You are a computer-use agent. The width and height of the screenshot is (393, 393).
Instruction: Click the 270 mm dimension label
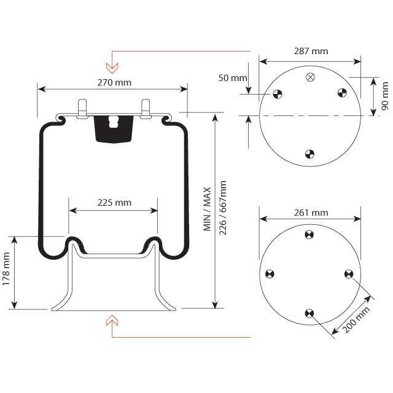(114, 82)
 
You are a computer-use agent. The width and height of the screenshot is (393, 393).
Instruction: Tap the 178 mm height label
(6, 272)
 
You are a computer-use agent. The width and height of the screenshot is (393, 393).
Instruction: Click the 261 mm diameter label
(310, 212)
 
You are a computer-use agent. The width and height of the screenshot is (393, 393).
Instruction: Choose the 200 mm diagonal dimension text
(357, 319)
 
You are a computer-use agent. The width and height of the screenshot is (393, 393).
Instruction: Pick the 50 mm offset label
(233, 78)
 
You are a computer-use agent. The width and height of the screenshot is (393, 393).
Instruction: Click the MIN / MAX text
(207, 209)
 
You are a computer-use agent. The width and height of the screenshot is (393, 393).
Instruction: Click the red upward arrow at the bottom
(112, 319)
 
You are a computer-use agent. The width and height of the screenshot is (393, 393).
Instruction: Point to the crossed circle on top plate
(310, 77)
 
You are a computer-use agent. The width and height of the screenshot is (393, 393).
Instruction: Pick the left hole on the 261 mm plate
(269, 274)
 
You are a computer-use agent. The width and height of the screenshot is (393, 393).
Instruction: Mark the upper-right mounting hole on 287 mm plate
(342, 93)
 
